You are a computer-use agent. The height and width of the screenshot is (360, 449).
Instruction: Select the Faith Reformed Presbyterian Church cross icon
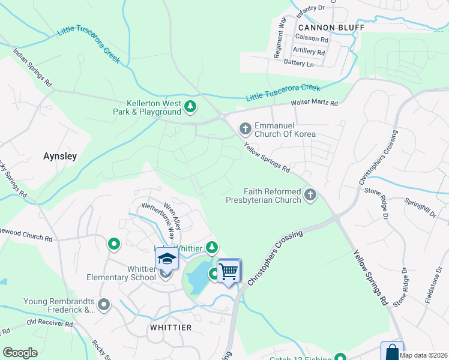pos(310,194)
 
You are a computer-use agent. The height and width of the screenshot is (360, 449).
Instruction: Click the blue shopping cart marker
pos(229,271)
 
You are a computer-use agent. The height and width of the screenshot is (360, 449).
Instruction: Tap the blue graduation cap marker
pos(167,259)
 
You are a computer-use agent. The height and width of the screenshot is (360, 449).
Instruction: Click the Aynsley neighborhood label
pos(61,156)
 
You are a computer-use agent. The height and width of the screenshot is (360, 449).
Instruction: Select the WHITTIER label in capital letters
pos(170,328)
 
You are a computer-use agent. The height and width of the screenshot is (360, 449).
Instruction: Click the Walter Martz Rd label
pos(314,103)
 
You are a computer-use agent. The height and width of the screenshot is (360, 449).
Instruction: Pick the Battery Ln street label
pos(299,63)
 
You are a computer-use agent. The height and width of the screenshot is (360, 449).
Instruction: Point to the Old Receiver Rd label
pos(49,324)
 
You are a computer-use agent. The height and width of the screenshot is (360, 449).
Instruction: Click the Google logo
pos(20,353)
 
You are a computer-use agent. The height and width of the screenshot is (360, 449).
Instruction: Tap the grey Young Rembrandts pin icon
pos(104,305)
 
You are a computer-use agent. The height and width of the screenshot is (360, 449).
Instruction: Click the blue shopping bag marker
pos(392,351)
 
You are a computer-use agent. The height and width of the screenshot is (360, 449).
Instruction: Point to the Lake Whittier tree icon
pos(211,247)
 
